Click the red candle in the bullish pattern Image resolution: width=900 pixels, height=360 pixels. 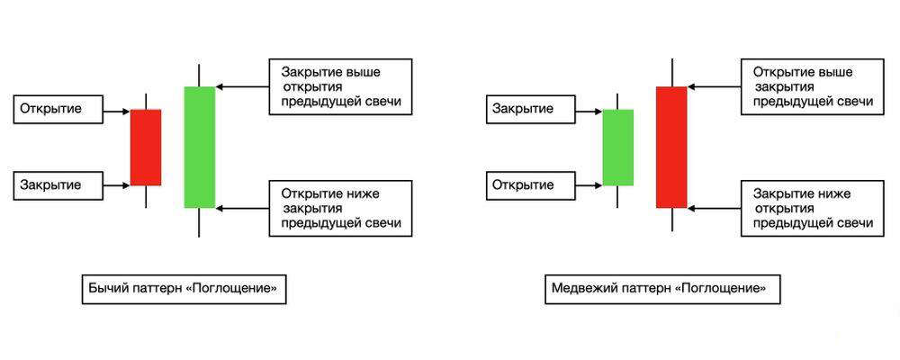click(x=146, y=148)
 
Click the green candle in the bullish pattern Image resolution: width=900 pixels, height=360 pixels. click(x=199, y=147)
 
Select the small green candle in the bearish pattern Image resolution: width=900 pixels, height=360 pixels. click(x=617, y=147)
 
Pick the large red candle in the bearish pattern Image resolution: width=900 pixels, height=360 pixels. click(x=670, y=147)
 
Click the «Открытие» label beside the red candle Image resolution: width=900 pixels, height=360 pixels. click(x=53, y=110)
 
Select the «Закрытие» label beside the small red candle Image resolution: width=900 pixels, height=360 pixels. click(x=53, y=185)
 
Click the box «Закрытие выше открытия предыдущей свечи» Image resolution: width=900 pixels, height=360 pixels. click(x=340, y=86)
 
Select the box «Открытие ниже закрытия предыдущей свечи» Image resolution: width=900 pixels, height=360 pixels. click(x=340, y=208)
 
